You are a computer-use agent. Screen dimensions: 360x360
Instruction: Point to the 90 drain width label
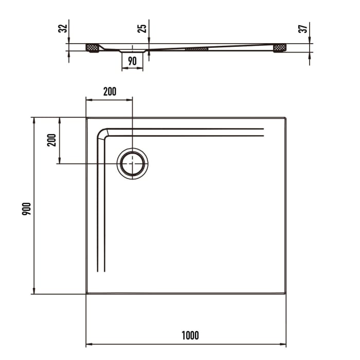(132, 61)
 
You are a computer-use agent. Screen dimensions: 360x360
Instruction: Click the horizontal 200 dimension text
(110, 92)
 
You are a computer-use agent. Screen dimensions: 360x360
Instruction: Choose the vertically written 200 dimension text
(51, 139)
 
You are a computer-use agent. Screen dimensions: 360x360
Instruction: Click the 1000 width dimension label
(190, 336)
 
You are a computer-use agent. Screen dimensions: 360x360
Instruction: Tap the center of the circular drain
(133, 164)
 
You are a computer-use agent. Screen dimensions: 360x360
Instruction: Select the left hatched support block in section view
(92, 48)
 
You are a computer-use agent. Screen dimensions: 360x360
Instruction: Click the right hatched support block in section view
(279, 48)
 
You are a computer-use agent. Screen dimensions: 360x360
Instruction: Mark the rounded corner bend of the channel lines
(102, 133)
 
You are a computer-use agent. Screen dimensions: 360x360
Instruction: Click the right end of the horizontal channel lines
(263, 132)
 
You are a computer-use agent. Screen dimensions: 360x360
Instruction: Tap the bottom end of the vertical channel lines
(101, 271)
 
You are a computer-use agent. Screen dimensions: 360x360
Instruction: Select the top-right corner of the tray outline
(285, 118)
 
